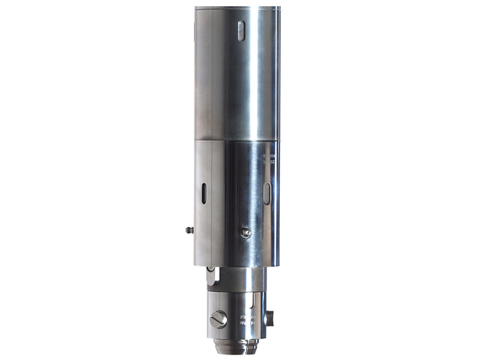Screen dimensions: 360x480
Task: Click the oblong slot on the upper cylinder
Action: [241, 30]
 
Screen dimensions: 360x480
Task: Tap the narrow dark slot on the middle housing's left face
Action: [204, 193]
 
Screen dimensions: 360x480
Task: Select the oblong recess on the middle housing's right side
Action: [267, 193]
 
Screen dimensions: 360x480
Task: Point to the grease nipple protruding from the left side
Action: [189, 230]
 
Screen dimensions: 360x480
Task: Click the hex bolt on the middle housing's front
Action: [245, 232]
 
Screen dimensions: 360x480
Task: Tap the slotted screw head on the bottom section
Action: [218, 319]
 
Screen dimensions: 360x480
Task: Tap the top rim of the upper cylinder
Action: [237, 7]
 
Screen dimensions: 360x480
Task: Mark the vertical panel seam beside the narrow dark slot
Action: [212, 200]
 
